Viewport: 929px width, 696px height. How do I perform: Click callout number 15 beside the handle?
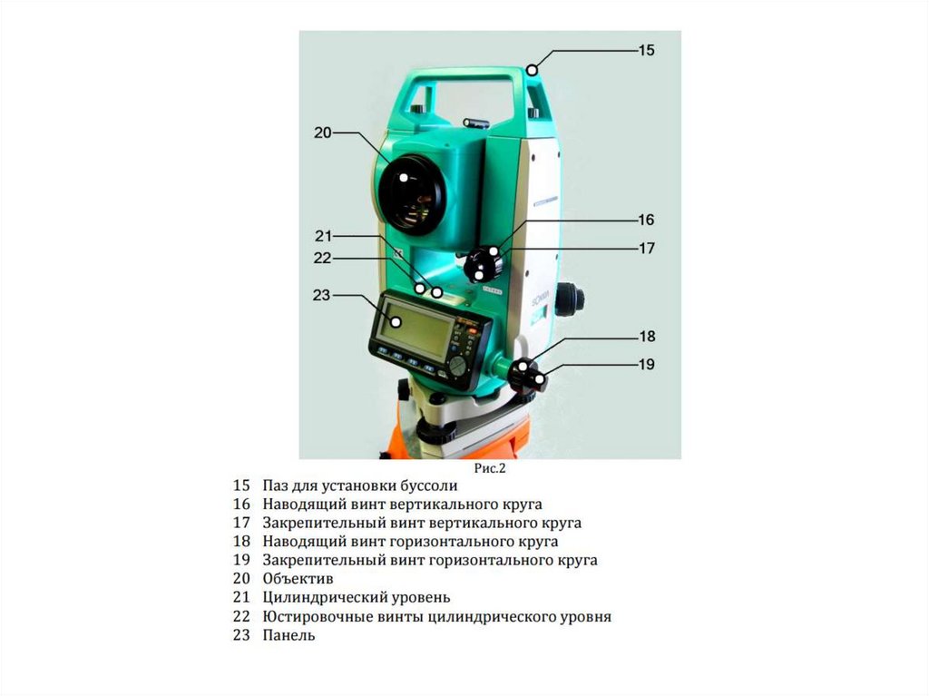(x=645, y=51)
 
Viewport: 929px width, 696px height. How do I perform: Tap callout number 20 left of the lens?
(x=323, y=132)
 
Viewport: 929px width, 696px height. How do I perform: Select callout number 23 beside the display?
(x=321, y=295)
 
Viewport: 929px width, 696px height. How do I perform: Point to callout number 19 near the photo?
(x=645, y=365)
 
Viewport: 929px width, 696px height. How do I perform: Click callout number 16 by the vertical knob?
(x=645, y=221)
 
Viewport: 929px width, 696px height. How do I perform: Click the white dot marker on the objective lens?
(x=404, y=178)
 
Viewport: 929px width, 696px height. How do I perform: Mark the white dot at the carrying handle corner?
(x=533, y=69)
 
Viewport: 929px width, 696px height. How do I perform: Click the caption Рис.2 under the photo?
(x=489, y=469)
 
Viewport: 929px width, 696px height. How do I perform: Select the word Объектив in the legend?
(x=298, y=578)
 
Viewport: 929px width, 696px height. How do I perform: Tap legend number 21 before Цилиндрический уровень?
(x=240, y=597)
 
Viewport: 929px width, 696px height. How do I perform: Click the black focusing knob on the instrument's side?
(x=570, y=298)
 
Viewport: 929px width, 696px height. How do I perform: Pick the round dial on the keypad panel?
(x=458, y=364)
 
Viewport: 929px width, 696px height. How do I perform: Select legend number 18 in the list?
(x=240, y=542)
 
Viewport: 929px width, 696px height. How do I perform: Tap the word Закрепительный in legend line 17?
(x=317, y=523)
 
